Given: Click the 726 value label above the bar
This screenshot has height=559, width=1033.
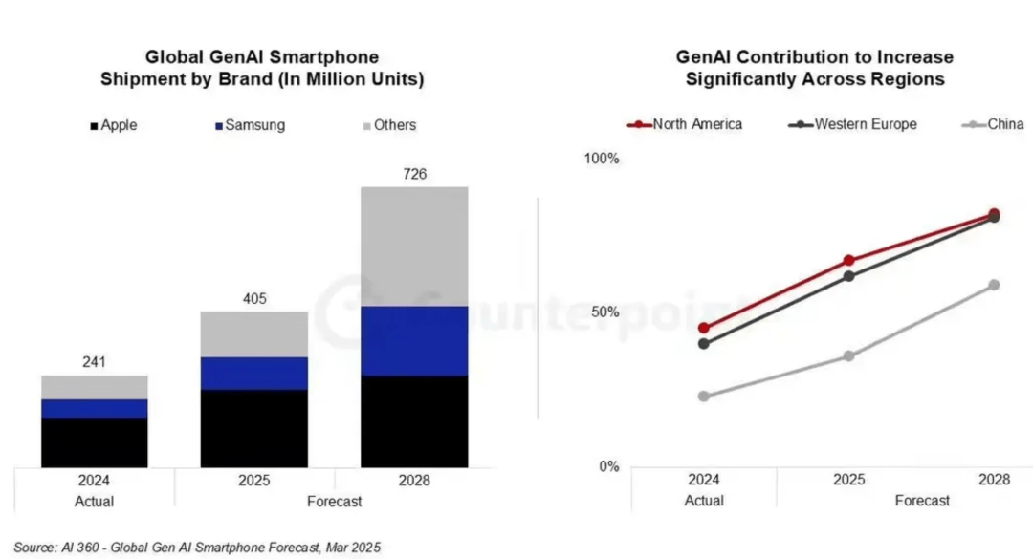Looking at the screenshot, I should [x=414, y=174].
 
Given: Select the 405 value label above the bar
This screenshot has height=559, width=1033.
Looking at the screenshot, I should [x=254, y=299].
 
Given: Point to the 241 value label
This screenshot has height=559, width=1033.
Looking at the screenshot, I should [x=94, y=362].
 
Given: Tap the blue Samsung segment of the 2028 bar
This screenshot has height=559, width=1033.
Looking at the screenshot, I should [x=414, y=340].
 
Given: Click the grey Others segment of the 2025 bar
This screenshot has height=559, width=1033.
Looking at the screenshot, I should [x=254, y=334].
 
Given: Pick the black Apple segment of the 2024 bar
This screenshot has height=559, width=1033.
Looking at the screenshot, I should [x=94, y=442].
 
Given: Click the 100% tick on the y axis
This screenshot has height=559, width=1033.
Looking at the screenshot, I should [x=603, y=158].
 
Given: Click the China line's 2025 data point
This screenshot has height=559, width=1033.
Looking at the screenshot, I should [x=848, y=355].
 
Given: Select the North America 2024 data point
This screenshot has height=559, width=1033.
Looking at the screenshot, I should [x=704, y=328].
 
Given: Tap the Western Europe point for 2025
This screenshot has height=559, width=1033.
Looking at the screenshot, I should [x=848, y=276].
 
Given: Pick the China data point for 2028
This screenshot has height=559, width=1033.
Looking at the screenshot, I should [x=994, y=285].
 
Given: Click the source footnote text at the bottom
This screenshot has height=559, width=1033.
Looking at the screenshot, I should [x=196, y=547].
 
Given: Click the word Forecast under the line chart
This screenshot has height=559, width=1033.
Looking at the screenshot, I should [x=922, y=500].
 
